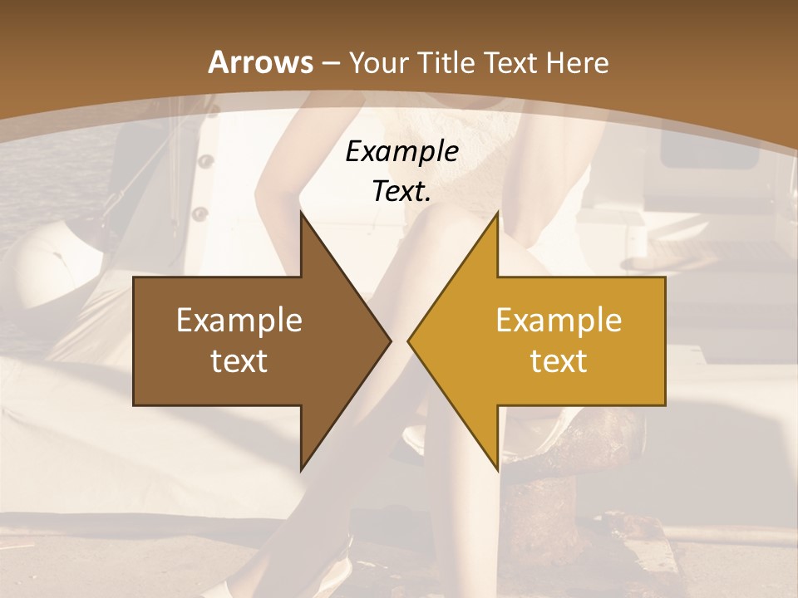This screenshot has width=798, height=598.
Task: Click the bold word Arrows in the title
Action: pyautogui.click(x=261, y=62)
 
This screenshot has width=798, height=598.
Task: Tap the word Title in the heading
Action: pyautogui.click(x=447, y=63)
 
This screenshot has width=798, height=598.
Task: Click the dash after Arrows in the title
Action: pyautogui.click(x=331, y=63)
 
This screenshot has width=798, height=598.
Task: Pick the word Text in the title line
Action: pyautogui.click(x=510, y=63)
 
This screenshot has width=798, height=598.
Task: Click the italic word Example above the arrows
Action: pyautogui.click(x=401, y=152)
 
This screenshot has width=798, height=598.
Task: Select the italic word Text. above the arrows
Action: pyautogui.click(x=401, y=191)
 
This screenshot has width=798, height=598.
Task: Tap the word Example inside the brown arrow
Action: pyautogui.click(x=239, y=321)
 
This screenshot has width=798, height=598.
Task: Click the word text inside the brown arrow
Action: pyautogui.click(x=239, y=361)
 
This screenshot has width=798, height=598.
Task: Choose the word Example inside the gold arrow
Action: pyautogui.click(x=559, y=321)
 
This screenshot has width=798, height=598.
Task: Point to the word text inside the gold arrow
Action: pyautogui.click(x=559, y=361)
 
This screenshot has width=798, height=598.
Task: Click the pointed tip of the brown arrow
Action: pyautogui.click(x=390, y=341)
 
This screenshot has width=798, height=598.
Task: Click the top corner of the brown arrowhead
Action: pyautogui.click(x=302, y=213)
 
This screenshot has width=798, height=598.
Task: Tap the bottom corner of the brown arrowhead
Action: pyautogui.click(x=302, y=470)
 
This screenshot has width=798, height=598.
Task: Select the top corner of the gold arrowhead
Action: pyautogui.click(x=497, y=213)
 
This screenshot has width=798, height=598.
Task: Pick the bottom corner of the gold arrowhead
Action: pyautogui.click(x=497, y=470)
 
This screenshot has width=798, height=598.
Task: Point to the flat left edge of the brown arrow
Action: pyautogui.click(x=135, y=341)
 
